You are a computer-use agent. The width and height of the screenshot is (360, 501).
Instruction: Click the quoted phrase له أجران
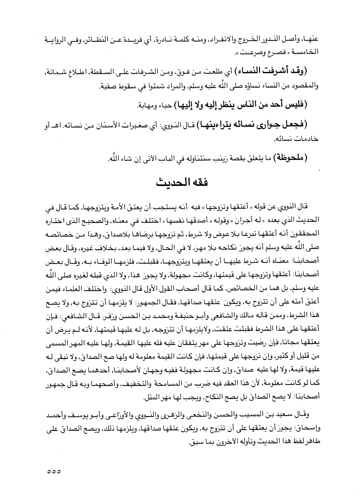point(245,219)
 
